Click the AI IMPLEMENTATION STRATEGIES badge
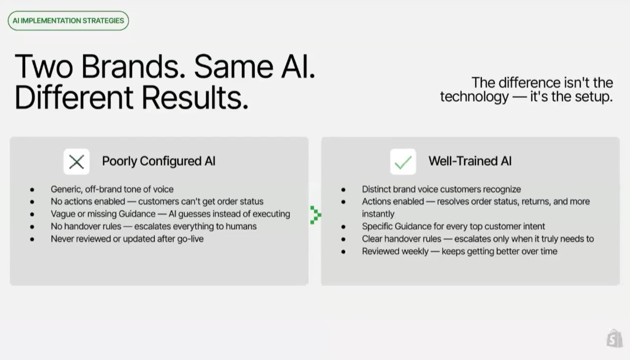click(x=68, y=21)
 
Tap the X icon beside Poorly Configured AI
click(x=77, y=162)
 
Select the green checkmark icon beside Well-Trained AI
click(x=403, y=162)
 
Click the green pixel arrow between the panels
click(x=316, y=215)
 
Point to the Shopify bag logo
click(x=615, y=339)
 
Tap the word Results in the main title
click(x=195, y=98)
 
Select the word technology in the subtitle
click(x=474, y=97)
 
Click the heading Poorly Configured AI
click(x=159, y=161)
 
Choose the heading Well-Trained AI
click(x=470, y=161)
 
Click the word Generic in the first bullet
click(x=66, y=189)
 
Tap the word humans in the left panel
click(x=241, y=226)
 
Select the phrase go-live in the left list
click(x=190, y=239)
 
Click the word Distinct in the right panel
click(x=376, y=189)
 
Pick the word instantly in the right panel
click(x=378, y=214)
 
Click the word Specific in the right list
click(x=377, y=226)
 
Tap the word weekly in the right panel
click(x=414, y=251)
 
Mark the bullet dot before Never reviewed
click(x=32, y=239)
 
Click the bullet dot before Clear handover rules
click(x=344, y=239)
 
